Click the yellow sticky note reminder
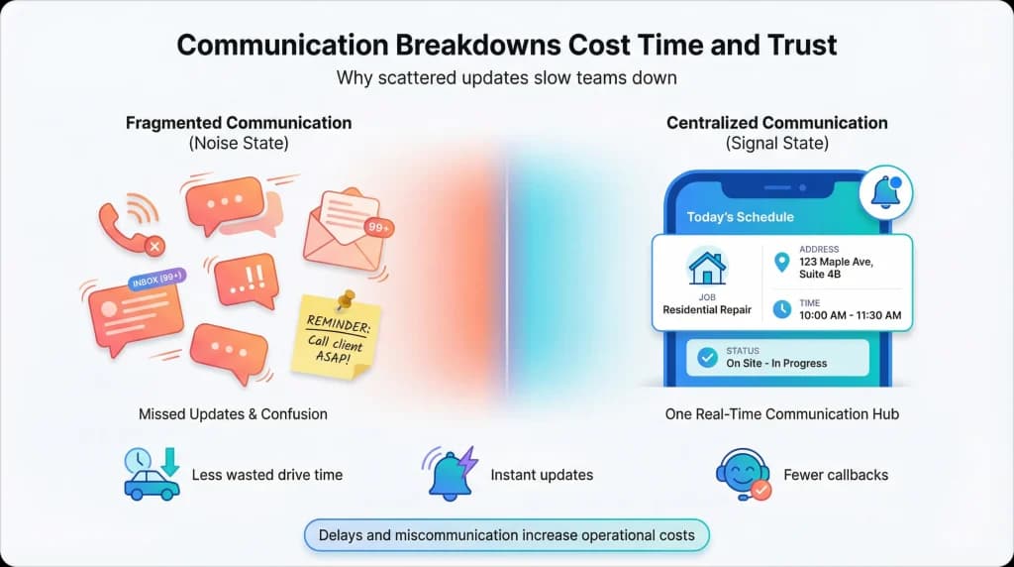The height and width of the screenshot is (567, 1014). (336, 337)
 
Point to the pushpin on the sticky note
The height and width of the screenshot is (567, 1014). (345, 299)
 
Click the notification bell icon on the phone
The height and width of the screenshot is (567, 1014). (885, 191)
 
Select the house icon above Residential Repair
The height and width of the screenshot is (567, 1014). (707, 266)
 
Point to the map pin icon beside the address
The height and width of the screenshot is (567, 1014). (782, 262)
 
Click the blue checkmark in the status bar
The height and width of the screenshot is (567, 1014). (707, 358)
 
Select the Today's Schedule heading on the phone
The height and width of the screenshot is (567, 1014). (740, 217)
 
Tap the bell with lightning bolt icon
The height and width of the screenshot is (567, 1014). (452, 474)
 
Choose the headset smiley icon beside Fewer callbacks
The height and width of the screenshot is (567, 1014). (743, 474)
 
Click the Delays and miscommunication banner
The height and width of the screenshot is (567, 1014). (506, 536)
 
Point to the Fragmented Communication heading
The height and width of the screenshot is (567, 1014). (239, 123)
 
